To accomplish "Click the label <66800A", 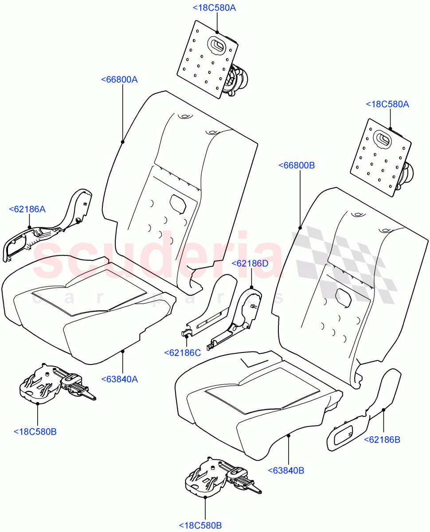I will (119, 80).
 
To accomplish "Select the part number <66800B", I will (297, 165).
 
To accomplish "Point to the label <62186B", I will (382, 439).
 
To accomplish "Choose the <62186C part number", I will (182, 352).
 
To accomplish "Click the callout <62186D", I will (250, 263).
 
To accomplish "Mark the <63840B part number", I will (286, 470).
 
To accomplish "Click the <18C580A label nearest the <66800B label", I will (387, 104).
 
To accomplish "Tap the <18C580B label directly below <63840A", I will (35, 431).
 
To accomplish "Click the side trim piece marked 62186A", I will (44, 231).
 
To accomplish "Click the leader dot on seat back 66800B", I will (300, 228).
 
